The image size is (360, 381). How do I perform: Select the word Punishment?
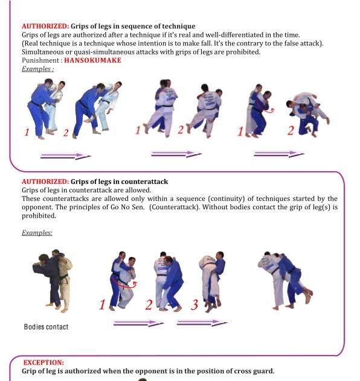tap(39, 60)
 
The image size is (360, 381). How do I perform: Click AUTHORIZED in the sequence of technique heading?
tap(45, 26)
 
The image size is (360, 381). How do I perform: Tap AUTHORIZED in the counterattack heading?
tap(45, 181)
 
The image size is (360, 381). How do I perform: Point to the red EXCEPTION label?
tap(43, 362)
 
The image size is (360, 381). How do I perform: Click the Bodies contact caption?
tap(46, 327)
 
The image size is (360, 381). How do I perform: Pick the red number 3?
tap(194, 305)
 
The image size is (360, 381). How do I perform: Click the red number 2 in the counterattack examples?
tap(149, 305)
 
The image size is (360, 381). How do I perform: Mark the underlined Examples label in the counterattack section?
tap(37, 232)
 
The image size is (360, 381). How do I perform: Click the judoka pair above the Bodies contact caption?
tap(52, 281)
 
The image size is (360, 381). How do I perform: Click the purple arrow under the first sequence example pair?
tap(66, 156)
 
